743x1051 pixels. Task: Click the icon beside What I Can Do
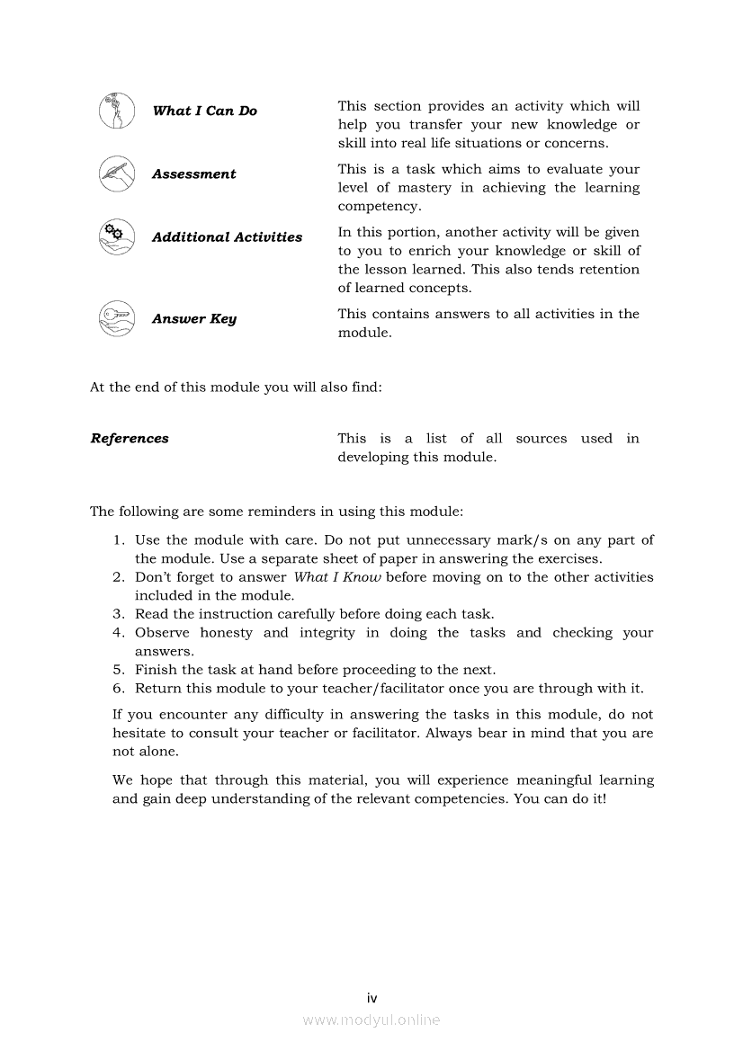pyautogui.click(x=117, y=111)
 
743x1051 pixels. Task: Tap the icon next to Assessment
pyautogui.click(x=117, y=174)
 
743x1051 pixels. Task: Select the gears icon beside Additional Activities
pyautogui.click(x=117, y=237)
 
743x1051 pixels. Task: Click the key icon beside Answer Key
pyautogui.click(x=117, y=318)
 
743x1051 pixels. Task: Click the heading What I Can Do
pyautogui.click(x=204, y=111)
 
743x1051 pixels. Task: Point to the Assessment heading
pyautogui.click(x=193, y=174)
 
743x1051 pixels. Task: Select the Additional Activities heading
pyautogui.click(x=227, y=237)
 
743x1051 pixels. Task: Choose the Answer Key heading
pyautogui.click(x=193, y=319)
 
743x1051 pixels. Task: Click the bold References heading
pyautogui.click(x=130, y=439)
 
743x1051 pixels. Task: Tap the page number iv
pyautogui.click(x=371, y=998)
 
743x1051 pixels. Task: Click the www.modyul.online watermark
pyautogui.click(x=371, y=1020)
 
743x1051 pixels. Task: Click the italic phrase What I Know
pyautogui.click(x=337, y=577)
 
